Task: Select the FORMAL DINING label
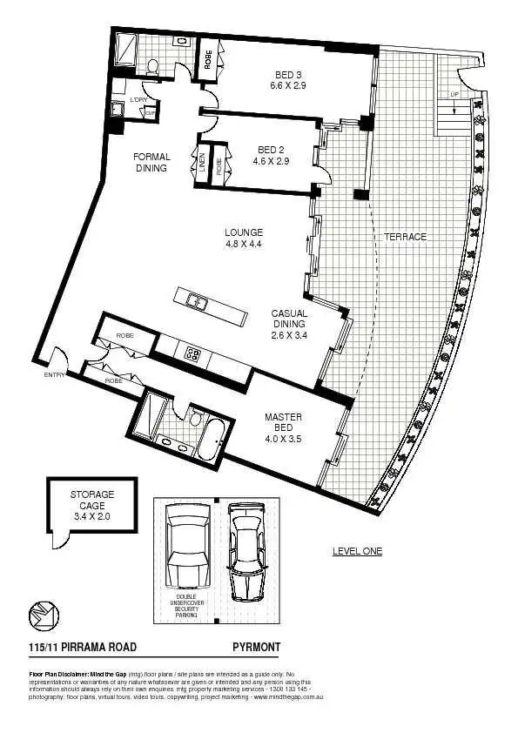(x=151, y=163)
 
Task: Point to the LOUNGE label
(x=244, y=239)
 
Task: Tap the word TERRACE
(x=405, y=237)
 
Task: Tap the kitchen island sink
(x=197, y=302)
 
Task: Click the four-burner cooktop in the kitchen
(x=192, y=353)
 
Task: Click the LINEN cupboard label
(x=202, y=165)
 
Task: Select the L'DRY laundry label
(x=138, y=100)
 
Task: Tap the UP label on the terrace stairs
(x=454, y=93)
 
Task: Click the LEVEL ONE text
(x=357, y=551)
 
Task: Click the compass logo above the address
(x=44, y=615)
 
